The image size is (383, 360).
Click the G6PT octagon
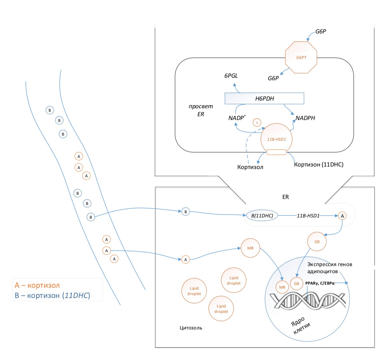coord(301,58)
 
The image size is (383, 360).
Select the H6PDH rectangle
coord(264,99)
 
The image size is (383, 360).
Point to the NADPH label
coord(305,118)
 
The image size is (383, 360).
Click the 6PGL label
coord(231,76)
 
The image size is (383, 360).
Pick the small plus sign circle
coord(257,123)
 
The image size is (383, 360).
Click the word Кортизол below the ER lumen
coord(250,167)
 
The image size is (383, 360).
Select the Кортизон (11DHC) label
coord(319,165)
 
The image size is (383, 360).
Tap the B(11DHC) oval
coord(262,216)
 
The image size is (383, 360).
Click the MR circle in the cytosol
coord(250,248)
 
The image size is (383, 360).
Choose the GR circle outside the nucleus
coord(317,242)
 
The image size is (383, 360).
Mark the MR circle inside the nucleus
coord(282,287)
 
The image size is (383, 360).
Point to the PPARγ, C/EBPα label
coord(320,283)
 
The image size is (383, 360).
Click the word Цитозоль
coord(191,328)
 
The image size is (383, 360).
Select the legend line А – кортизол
coord(37,285)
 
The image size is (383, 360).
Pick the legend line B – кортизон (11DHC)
coord(52,295)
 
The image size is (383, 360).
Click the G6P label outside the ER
coord(321,32)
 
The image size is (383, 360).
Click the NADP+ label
coord(237,118)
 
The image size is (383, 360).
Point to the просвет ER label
coord(201,110)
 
